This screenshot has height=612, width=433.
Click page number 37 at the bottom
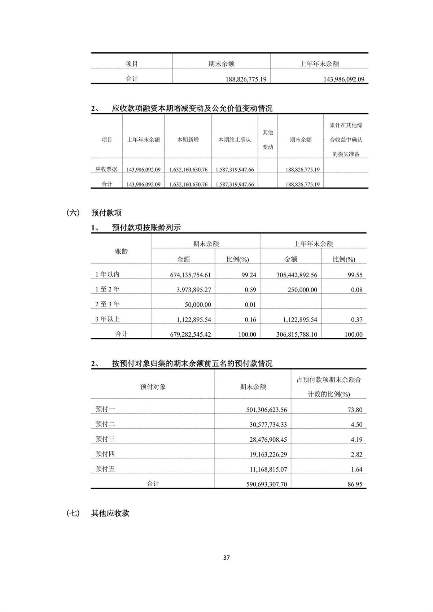(x=226, y=558)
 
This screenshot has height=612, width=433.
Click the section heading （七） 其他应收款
(x=98, y=513)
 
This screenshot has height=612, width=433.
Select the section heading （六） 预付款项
(x=94, y=213)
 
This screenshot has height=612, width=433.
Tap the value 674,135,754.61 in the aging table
(x=191, y=275)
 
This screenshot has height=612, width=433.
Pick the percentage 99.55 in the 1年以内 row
(x=355, y=275)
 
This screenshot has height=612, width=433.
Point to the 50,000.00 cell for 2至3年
(x=198, y=305)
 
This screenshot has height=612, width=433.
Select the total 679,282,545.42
(x=191, y=335)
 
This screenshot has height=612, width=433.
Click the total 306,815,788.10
(x=297, y=335)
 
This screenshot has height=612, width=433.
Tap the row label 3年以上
(x=107, y=319)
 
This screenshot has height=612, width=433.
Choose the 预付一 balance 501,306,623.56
(x=267, y=410)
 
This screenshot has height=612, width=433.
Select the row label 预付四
(x=105, y=454)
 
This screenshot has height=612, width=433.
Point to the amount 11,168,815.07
(x=268, y=469)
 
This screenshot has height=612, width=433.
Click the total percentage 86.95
(x=355, y=484)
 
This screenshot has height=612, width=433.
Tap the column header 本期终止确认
(x=235, y=140)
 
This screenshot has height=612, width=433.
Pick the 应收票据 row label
(x=106, y=169)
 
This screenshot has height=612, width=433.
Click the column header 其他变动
(x=268, y=140)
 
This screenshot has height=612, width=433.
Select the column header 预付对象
(x=153, y=387)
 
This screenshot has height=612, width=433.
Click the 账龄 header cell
(x=121, y=252)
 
